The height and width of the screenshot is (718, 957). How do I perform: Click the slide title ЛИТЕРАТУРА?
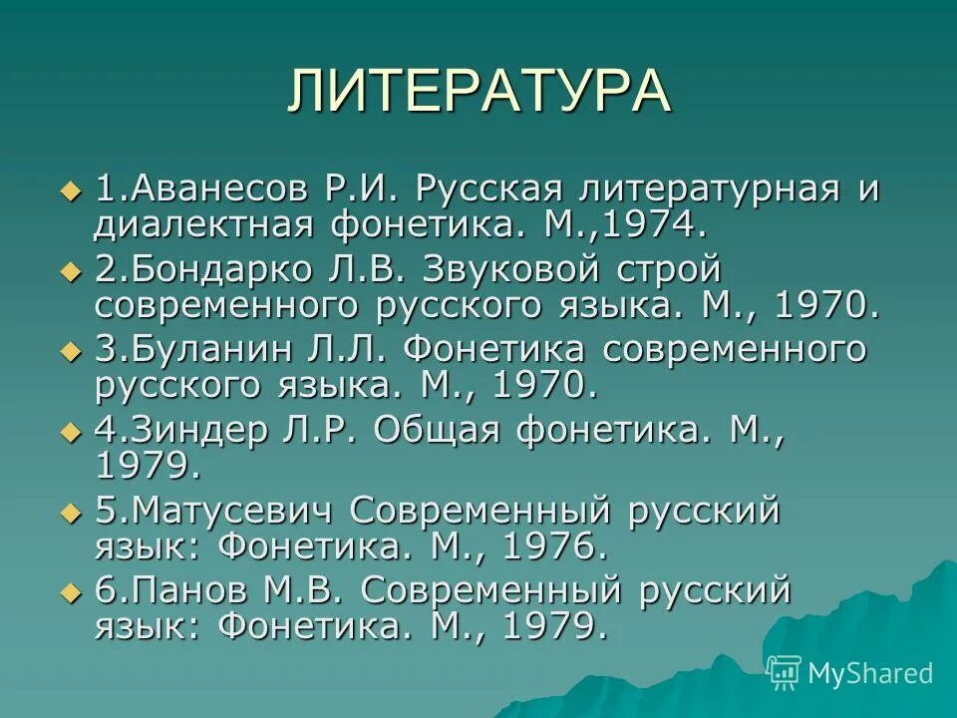[x=478, y=91]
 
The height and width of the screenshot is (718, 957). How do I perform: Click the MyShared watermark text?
[x=869, y=674]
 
